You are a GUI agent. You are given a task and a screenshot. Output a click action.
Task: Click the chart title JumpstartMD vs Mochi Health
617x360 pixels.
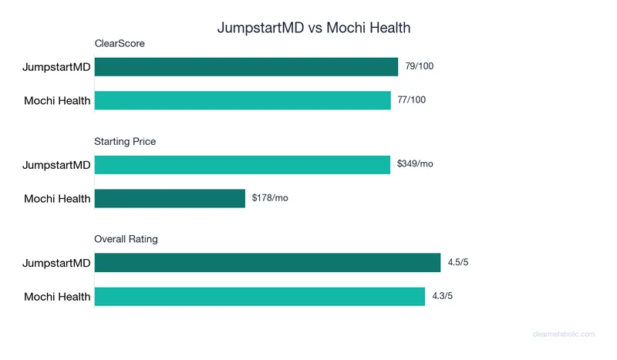click(x=313, y=28)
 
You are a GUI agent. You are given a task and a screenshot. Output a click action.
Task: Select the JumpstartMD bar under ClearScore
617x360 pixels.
click(x=246, y=67)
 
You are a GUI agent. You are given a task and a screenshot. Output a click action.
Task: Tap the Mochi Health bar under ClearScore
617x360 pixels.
click(x=242, y=100)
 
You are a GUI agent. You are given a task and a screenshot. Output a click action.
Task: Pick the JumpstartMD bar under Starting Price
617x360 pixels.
click(x=242, y=164)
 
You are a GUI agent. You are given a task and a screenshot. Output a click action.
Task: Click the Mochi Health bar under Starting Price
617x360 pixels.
click(x=170, y=198)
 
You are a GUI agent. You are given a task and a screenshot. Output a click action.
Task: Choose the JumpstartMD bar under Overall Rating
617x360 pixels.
click(x=267, y=263)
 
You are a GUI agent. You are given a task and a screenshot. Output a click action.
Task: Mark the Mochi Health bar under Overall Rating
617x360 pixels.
click(x=259, y=297)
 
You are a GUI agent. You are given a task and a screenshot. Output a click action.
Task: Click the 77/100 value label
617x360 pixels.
click(x=411, y=100)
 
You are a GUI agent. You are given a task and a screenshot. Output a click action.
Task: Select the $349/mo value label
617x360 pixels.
click(x=415, y=164)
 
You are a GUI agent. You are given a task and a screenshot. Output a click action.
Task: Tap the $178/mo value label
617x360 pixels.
click(x=270, y=198)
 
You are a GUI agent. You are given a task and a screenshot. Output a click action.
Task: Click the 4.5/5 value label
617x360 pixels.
click(x=458, y=263)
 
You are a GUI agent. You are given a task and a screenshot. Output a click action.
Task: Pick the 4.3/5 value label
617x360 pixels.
click(x=443, y=297)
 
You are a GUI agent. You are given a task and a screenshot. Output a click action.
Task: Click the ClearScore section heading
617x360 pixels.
click(x=120, y=44)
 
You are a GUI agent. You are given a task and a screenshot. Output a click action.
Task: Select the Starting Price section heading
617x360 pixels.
click(x=125, y=142)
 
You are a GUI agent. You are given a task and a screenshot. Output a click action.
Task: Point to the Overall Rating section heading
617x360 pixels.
click(x=126, y=240)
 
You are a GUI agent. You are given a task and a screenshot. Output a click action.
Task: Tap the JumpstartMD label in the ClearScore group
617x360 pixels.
click(x=56, y=67)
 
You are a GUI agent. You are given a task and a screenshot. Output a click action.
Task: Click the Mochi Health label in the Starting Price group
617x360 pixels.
click(x=57, y=199)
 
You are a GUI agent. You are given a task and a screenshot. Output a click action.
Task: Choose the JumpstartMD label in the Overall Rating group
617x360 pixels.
click(x=56, y=264)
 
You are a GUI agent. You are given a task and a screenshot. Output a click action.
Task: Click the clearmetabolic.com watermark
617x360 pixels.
click(x=564, y=335)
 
